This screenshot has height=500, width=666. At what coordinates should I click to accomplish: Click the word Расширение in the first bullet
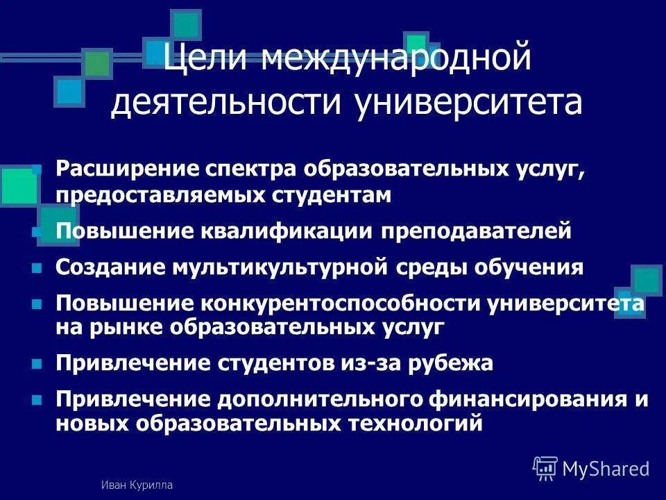pos(127,169)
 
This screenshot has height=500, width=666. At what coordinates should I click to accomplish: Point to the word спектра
pos(252,169)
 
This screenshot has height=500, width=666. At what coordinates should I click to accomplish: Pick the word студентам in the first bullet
pos(332,196)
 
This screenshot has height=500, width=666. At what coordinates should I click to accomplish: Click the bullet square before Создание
pos(37,267)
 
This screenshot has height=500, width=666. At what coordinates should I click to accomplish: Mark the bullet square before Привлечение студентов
pos(37,363)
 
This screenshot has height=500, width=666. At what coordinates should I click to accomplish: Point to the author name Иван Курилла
pos(136,485)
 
